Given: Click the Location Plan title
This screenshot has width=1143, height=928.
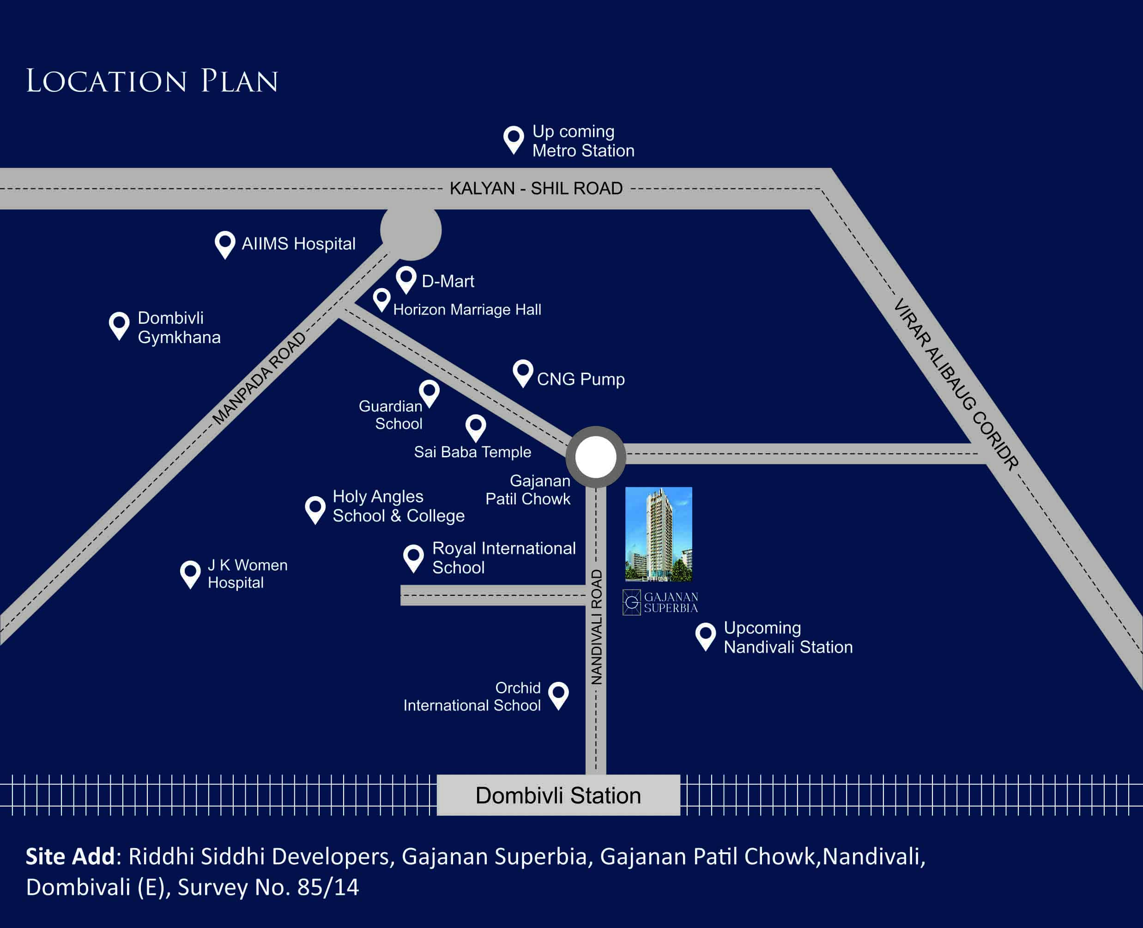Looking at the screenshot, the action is click(152, 81).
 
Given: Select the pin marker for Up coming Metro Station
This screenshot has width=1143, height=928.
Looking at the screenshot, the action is click(514, 140).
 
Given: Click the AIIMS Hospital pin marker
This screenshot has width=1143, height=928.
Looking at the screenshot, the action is click(225, 245).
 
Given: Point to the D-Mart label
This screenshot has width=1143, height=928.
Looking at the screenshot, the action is click(448, 281).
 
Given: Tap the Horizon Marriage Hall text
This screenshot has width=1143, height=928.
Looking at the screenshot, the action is click(467, 309).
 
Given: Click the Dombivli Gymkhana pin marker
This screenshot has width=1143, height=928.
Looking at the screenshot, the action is click(119, 326).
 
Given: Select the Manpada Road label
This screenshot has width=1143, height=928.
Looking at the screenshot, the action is click(259, 378).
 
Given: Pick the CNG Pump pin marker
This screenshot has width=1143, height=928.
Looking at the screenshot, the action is click(523, 373).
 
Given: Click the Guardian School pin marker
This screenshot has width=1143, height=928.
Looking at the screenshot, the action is click(429, 394).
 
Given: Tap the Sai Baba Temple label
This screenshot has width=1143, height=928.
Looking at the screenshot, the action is click(472, 452).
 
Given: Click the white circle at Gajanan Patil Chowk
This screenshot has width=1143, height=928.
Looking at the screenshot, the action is click(596, 457).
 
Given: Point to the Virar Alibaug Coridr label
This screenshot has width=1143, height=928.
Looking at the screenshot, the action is click(956, 385).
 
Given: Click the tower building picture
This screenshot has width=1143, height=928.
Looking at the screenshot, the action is click(659, 534).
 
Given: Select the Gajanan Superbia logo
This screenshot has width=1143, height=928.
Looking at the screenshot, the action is click(660, 602).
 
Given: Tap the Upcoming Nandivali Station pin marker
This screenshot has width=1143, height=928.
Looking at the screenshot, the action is click(705, 637).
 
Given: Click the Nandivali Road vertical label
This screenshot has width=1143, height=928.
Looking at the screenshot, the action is click(596, 627).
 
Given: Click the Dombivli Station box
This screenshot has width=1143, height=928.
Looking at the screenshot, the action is click(558, 795).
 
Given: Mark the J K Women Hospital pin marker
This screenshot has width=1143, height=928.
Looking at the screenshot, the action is click(190, 575).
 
